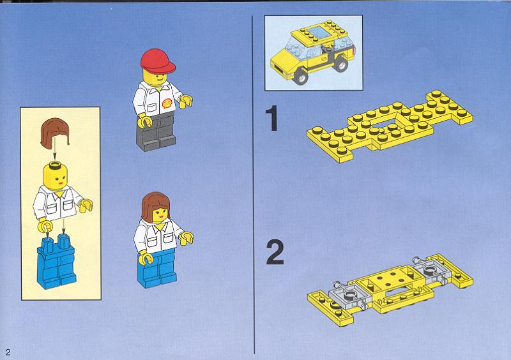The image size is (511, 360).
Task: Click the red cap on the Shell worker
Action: tap(157, 61)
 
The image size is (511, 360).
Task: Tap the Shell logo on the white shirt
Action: tap(167, 103)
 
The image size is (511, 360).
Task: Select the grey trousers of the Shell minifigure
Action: tap(156, 132)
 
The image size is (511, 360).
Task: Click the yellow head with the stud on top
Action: tap(56, 176)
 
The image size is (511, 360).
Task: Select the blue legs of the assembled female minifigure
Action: tap(157, 269)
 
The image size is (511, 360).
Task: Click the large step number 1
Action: tap(272, 118)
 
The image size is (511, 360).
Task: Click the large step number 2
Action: tap(275, 252)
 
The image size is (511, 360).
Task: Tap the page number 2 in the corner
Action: tap(8, 352)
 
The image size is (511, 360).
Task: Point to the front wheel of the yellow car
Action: tap(300, 77)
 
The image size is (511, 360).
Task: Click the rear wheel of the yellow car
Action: tap(341, 64)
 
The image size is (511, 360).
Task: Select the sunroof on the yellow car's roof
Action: tap(317, 33)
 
